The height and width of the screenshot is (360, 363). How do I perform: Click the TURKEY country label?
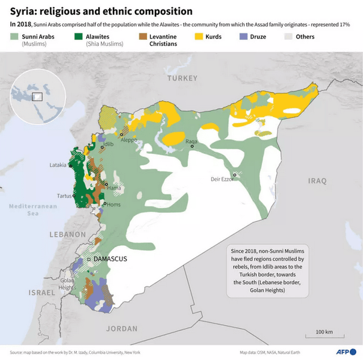click(182, 78)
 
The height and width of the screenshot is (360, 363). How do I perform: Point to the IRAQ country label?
click(317, 181)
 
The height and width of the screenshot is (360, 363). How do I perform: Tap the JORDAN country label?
click(121, 328)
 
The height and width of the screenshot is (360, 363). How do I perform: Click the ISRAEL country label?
click(42, 292)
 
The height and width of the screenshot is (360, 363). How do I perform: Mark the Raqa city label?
click(191, 141)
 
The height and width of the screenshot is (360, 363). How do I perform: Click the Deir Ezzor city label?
click(222, 179)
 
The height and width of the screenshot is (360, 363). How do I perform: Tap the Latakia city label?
click(57, 165)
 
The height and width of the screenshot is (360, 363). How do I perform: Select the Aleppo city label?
click(129, 140)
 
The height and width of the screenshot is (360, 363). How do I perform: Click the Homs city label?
click(114, 204)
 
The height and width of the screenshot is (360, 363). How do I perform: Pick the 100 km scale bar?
click(324, 336)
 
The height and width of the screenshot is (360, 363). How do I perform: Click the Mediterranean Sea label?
click(33, 210)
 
